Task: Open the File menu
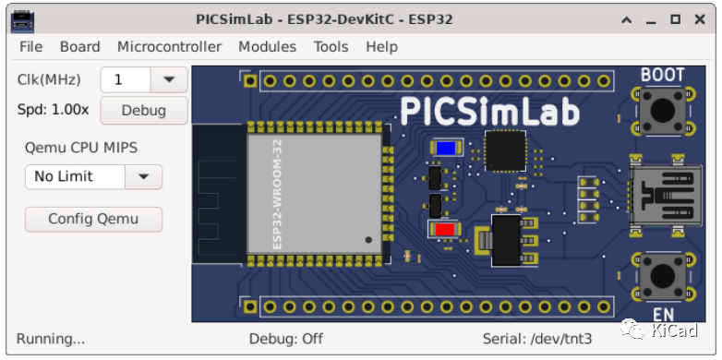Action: tap(30, 47)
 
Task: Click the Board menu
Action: tap(80, 47)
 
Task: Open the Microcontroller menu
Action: tap(169, 47)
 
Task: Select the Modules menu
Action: tap(267, 47)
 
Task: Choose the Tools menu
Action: tap(331, 47)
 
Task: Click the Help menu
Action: tap(381, 47)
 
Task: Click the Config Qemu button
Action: tap(93, 219)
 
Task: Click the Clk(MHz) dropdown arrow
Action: tap(169, 79)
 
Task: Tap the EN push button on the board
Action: tap(662, 274)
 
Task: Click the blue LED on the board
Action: tap(448, 148)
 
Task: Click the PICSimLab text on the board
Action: tap(489, 112)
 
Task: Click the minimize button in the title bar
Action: tap(653, 19)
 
